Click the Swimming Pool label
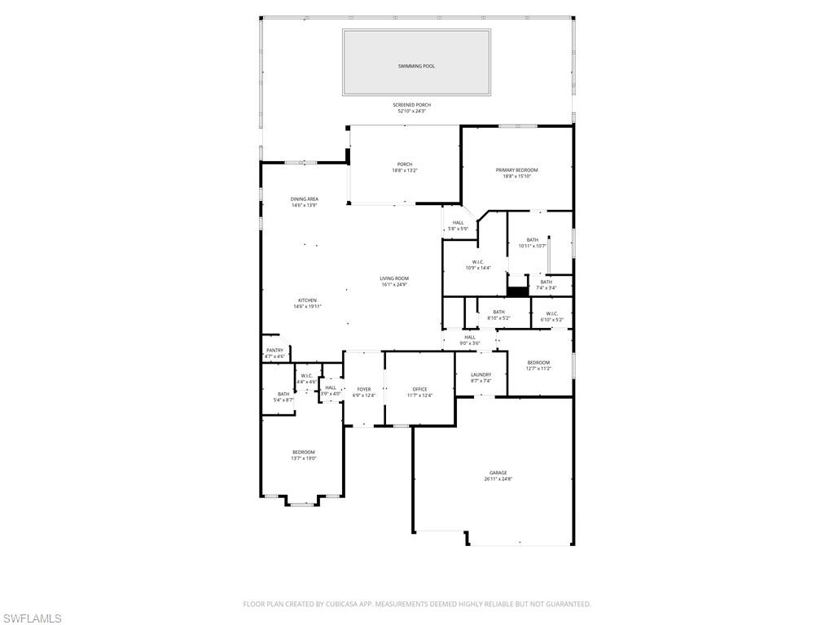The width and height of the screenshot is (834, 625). [x=416, y=66]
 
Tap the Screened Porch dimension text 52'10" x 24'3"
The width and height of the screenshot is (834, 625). [x=411, y=111]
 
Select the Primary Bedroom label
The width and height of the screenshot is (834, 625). [x=516, y=170]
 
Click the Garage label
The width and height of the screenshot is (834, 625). [x=498, y=473]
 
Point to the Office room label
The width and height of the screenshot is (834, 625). [x=419, y=389]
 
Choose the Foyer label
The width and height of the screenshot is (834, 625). [x=364, y=389]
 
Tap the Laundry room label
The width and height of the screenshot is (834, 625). [x=481, y=374]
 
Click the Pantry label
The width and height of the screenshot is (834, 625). [x=274, y=350]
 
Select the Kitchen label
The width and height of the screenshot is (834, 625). [x=307, y=300]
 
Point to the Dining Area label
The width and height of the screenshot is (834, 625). [x=305, y=199]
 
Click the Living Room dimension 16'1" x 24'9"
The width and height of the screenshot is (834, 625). [x=394, y=285]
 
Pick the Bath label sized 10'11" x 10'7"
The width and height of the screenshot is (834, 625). [x=532, y=246]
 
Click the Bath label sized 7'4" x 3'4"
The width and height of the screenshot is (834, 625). [x=546, y=287]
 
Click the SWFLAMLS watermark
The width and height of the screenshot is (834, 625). [x=31, y=618]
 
